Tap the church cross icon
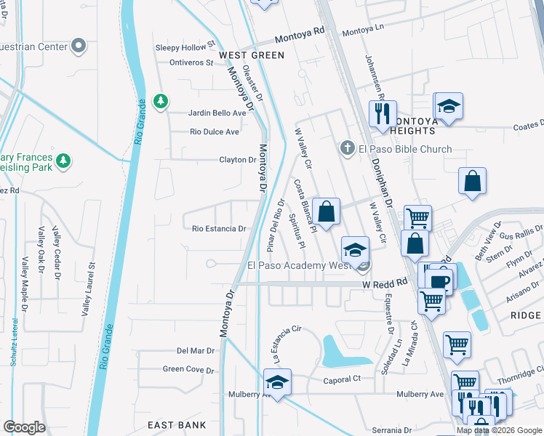[348, 149]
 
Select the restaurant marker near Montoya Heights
[382, 115]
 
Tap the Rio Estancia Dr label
[219, 229]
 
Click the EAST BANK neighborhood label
[176, 425]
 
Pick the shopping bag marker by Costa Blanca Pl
[327, 211]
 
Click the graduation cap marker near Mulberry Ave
[277, 381]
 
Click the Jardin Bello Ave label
[217, 113]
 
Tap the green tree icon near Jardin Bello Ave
[161, 101]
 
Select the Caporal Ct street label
[341, 379]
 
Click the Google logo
[25, 427]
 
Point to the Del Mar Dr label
[196, 350]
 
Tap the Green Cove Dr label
[188, 369]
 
